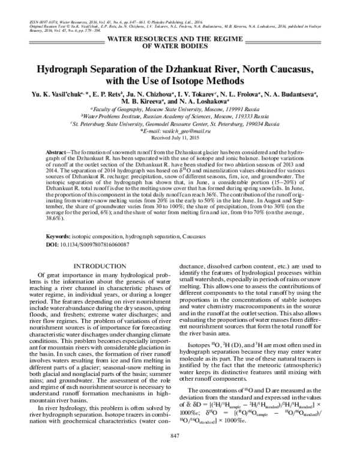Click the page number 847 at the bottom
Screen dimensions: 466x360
[179, 452]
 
